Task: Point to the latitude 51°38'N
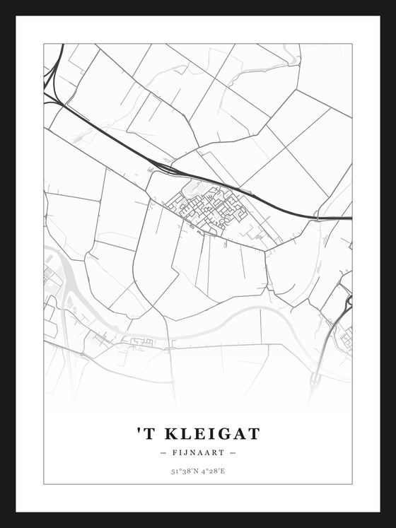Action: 183,471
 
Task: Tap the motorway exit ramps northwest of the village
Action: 159,168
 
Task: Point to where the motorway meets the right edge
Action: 350,218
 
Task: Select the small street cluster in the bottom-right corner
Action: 346,339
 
